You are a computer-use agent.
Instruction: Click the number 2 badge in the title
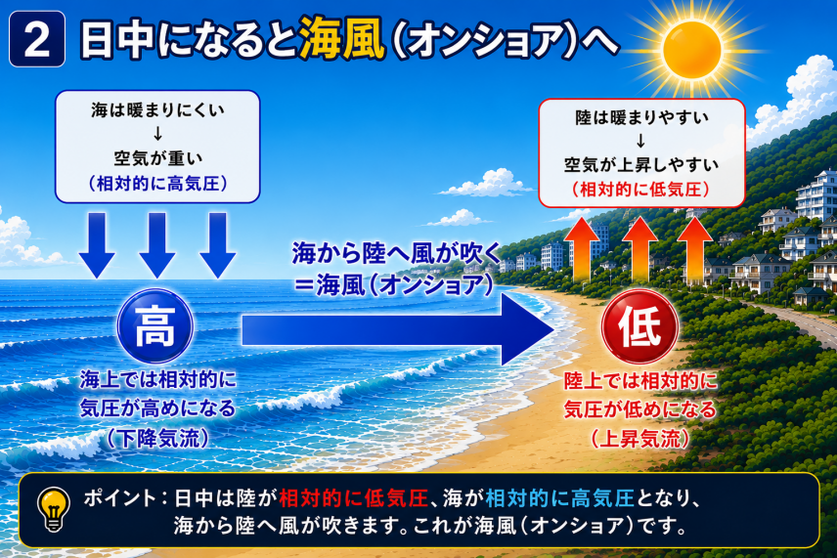(x=37, y=39)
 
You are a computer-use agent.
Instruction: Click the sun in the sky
(x=692, y=51)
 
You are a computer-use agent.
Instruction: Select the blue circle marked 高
(x=155, y=326)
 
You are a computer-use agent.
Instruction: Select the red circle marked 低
(x=639, y=326)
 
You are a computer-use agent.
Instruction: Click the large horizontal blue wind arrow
(x=398, y=329)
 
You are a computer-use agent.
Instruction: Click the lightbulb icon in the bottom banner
(x=54, y=509)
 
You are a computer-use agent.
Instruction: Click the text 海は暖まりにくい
(x=157, y=109)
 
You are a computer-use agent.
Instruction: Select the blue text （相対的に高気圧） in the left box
(x=157, y=184)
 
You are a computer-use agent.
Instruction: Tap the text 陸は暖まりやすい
(x=641, y=117)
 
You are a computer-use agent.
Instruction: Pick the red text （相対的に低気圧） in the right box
(x=640, y=189)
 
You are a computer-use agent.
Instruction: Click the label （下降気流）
(x=156, y=439)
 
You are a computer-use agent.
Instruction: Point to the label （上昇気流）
(x=640, y=439)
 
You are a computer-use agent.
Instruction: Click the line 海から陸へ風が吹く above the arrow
(x=396, y=253)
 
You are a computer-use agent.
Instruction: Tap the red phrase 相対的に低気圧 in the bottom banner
(x=353, y=497)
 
